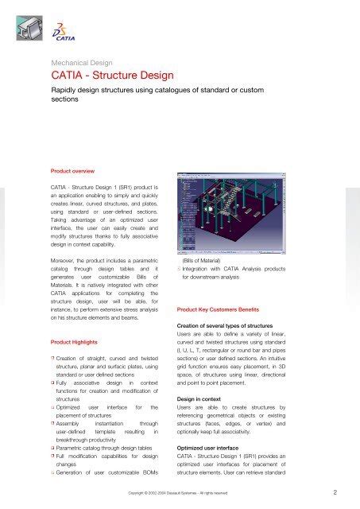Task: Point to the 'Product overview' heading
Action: coord(74,170)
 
